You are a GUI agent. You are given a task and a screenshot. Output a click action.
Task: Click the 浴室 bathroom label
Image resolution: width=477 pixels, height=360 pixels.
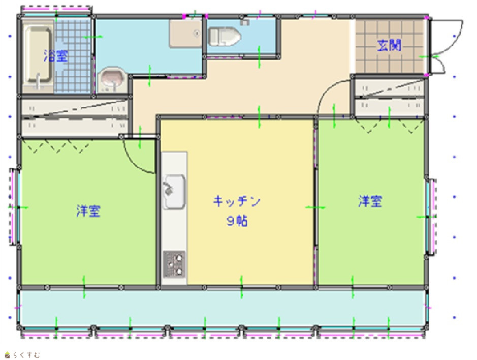[x=56, y=55]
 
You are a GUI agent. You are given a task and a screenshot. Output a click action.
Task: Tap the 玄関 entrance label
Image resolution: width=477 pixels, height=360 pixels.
[x=389, y=45]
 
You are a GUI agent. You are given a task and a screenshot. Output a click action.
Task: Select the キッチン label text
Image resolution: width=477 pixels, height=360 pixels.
[x=237, y=201]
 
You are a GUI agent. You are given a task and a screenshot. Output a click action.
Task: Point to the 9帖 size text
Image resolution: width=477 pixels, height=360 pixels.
[x=237, y=221]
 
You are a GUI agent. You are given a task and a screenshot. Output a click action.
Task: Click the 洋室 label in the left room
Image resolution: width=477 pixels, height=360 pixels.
[x=88, y=211]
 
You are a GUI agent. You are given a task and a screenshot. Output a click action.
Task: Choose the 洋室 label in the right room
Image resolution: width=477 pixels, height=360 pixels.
[x=370, y=201]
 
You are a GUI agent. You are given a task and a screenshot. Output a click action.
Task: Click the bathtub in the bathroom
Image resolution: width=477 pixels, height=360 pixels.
[x=38, y=56]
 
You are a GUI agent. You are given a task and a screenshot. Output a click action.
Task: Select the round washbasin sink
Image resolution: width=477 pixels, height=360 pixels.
[x=113, y=79]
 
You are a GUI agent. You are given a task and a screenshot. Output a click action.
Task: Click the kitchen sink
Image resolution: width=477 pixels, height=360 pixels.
[x=174, y=192]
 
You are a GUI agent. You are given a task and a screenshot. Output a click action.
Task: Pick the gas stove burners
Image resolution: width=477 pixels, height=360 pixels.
[x=174, y=264]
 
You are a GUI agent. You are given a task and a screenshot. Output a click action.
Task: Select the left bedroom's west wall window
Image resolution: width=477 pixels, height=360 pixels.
[x=14, y=207]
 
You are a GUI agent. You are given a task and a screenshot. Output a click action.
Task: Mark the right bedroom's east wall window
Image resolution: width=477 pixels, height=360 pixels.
[x=431, y=217]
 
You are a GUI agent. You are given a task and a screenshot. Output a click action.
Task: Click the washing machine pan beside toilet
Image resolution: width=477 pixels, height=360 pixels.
[x=185, y=33]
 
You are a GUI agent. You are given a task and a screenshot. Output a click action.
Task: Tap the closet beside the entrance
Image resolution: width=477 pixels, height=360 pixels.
[x=390, y=97]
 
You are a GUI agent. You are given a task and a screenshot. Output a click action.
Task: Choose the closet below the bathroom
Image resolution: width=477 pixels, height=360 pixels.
[x=75, y=117]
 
